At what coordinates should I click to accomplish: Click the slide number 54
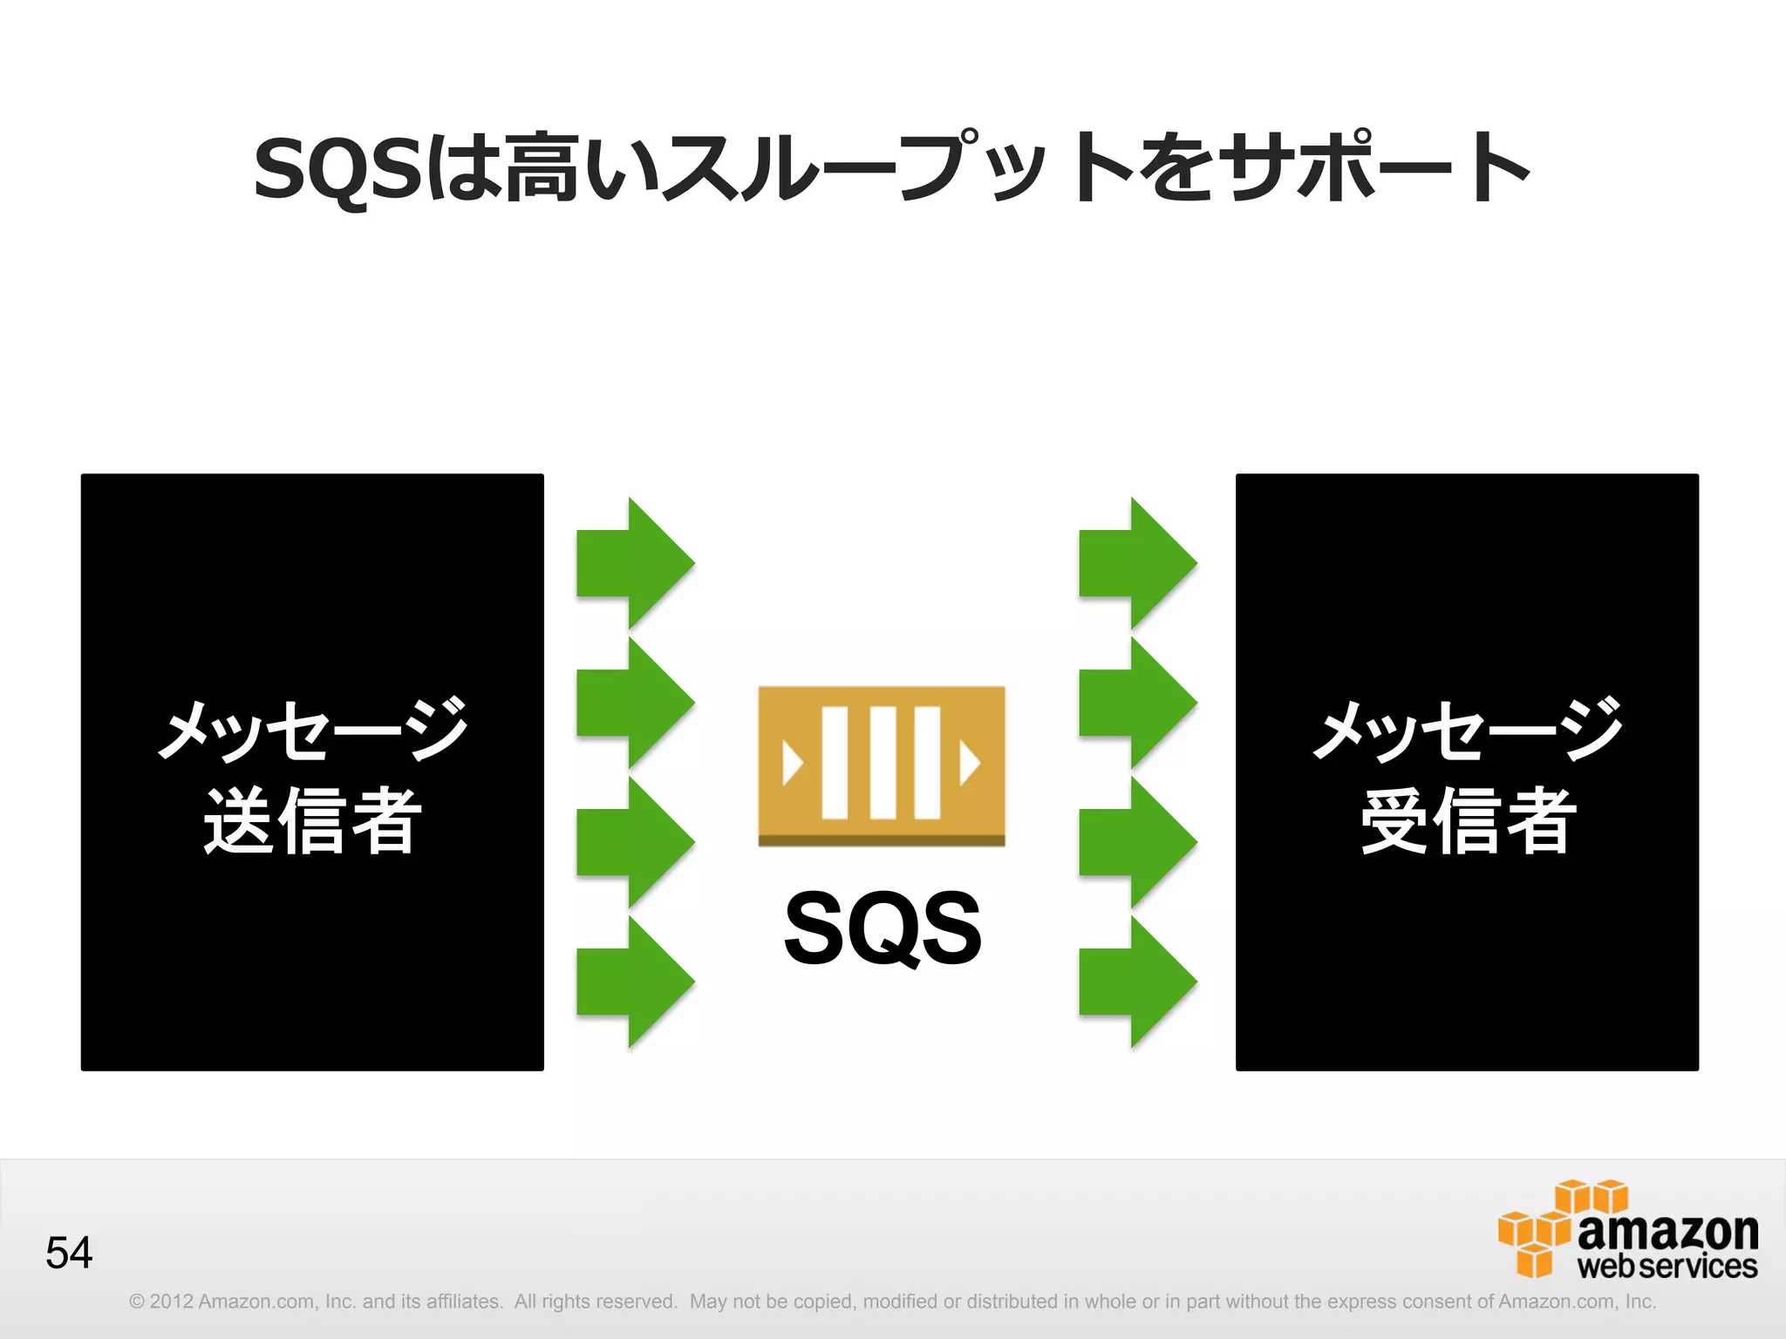click(x=69, y=1253)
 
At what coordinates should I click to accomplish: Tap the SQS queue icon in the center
click(x=881, y=765)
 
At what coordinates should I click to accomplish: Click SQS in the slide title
click(x=337, y=168)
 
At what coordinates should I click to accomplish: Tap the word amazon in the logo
click(x=1667, y=1231)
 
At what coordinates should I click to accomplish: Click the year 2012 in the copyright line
click(x=171, y=1302)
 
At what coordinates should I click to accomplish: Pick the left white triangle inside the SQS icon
click(x=792, y=764)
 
